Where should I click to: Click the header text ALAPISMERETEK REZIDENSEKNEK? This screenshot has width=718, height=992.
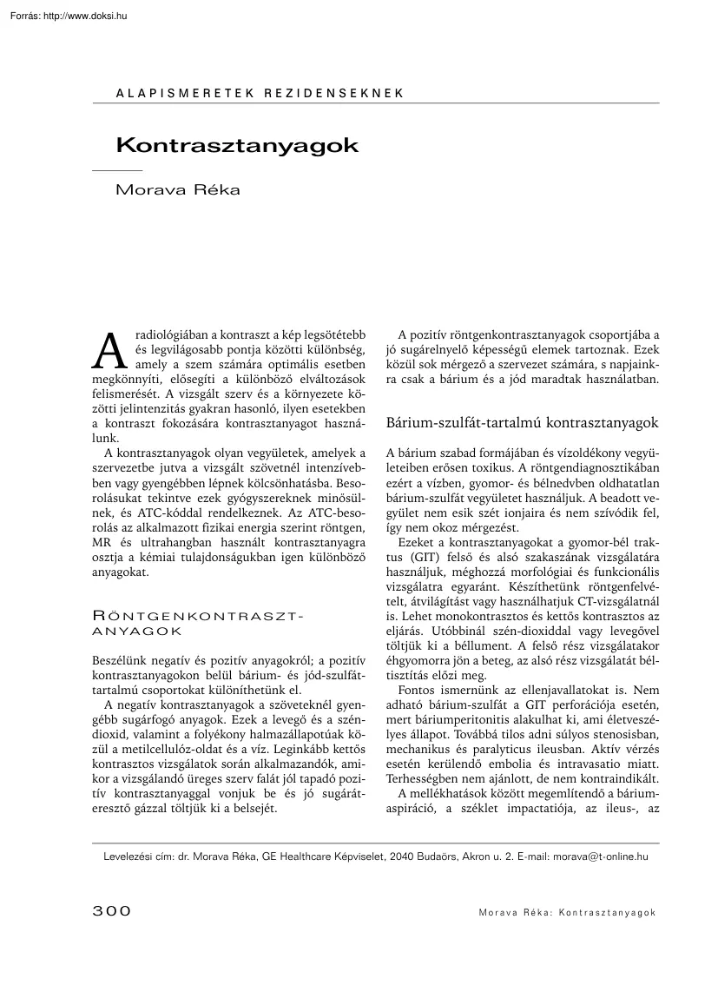click(260, 92)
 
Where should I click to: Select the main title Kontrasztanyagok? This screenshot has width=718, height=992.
click(237, 144)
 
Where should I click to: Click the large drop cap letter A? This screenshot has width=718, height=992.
click(106, 350)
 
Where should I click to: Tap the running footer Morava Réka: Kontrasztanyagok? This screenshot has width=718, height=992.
click(565, 912)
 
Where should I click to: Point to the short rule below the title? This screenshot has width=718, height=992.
click(117, 170)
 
